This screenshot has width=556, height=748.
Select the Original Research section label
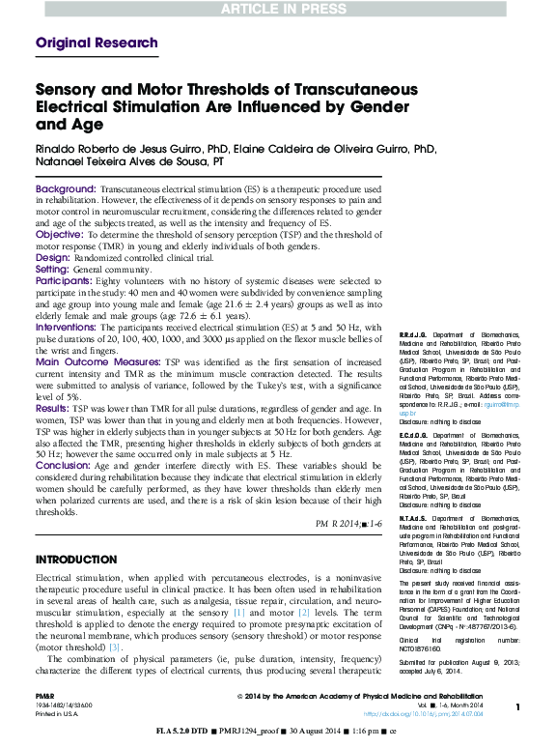pos(97,43)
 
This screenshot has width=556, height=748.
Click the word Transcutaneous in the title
pos(333,90)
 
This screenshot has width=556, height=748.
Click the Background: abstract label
pos(66,187)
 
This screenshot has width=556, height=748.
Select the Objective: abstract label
pos(60,234)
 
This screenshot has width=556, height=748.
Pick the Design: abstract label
pos(53,258)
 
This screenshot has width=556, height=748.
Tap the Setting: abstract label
pos(54,270)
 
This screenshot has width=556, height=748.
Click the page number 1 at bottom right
pos(518,707)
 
